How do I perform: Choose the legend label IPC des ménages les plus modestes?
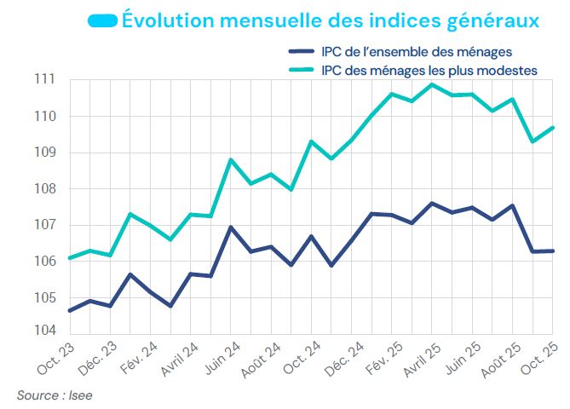429,71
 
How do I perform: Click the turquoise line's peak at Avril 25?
432,84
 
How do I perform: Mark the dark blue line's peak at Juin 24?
231,228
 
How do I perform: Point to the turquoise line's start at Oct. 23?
69,257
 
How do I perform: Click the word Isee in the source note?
81,395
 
